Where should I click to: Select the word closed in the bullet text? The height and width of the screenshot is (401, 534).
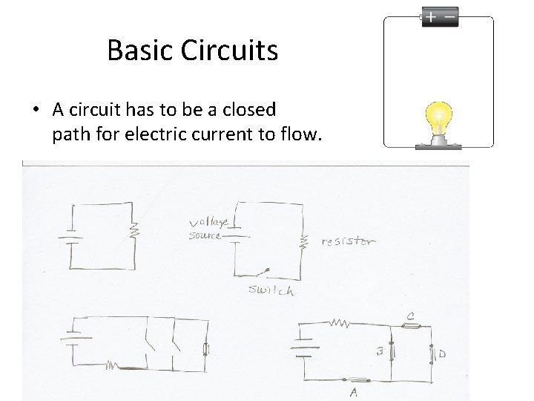(x=245, y=111)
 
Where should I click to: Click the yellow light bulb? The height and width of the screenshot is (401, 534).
(x=438, y=120)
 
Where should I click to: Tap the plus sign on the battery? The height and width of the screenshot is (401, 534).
(x=430, y=16)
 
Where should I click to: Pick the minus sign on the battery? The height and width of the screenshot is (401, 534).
(x=449, y=16)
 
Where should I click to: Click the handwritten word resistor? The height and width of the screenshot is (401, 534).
(x=348, y=241)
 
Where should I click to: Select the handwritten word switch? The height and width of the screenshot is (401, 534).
(x=271, y=290)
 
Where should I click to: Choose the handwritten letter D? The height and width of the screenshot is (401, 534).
(x=442, y=355)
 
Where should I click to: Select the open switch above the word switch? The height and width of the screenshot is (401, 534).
(x=262, y=272)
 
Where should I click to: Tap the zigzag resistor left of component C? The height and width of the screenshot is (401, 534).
(x=340, y=324)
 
